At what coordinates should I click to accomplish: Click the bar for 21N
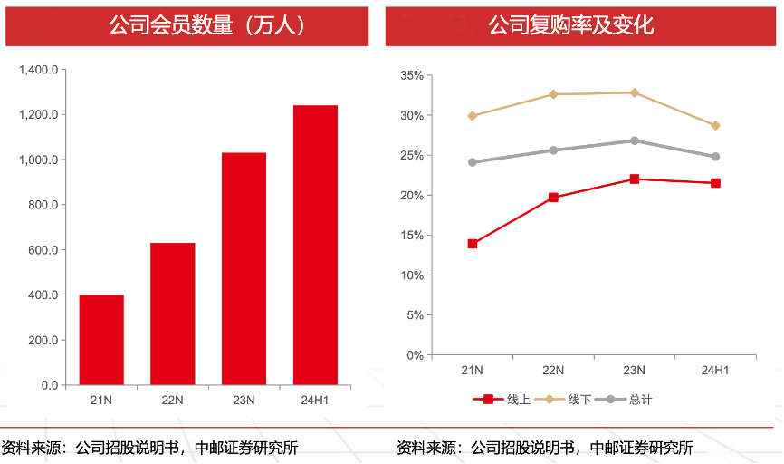[x=101, y=340]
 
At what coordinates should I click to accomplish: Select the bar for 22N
[x=173, y=314]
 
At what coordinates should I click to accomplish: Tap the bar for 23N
[x=244, y=269]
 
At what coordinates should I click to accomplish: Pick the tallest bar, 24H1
[x=315, y=245]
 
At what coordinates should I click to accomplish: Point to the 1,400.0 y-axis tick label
[x=38, y=70]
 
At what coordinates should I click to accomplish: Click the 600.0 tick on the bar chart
[x=42, y=250]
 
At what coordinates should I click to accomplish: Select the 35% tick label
[x=412, y=76]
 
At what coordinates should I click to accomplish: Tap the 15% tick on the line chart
[x=412, y=236]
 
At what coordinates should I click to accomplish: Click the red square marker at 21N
[x=473, y=244]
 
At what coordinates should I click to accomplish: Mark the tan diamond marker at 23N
[x=635, y=92]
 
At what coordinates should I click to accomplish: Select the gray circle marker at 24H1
[x=715, y=157]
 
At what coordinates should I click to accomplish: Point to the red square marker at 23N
[x=635, y=179]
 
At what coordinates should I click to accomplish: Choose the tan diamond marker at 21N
[x=473, y=116]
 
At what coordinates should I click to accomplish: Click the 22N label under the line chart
[x=553, y=370]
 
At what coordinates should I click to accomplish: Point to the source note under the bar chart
[x=149, y=447]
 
